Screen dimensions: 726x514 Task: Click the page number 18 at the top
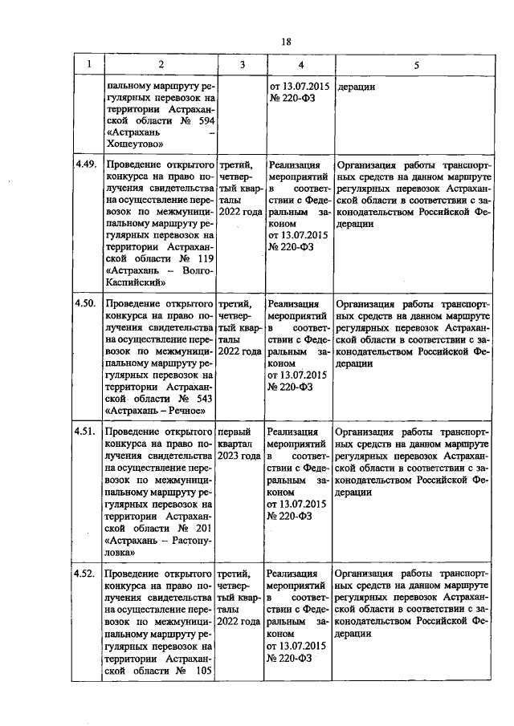tap(285, 43)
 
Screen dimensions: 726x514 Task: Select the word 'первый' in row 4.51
tap(234, 432)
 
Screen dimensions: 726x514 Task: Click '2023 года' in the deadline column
tap(240, 456)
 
